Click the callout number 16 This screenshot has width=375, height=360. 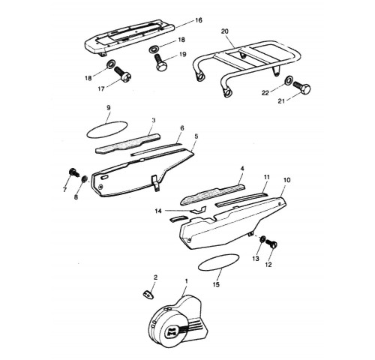(199, 20)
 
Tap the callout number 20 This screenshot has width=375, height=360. (225, 31)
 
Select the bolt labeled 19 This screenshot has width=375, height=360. (159, 63)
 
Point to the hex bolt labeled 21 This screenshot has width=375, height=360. (302, 88)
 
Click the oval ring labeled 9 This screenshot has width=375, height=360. (106, 130)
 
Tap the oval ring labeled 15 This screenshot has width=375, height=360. (218, 262)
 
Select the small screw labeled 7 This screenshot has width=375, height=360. (73, 172)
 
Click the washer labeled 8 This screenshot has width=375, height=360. (84, 179)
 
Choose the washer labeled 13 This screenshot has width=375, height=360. (262, 238)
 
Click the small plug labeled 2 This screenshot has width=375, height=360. (148, 294)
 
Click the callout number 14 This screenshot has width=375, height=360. (158, 211)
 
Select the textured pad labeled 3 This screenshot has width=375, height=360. (128, 144)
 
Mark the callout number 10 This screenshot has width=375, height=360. (287, 180)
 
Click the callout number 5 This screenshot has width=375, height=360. (196, 136)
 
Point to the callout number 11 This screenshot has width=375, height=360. (267, 177)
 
